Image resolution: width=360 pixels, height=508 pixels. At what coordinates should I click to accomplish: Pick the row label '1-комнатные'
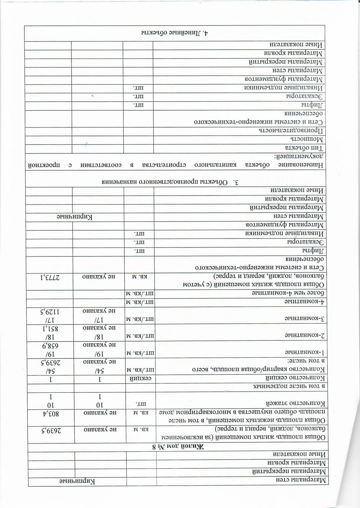pyautogui.click(x=306, y=352)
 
